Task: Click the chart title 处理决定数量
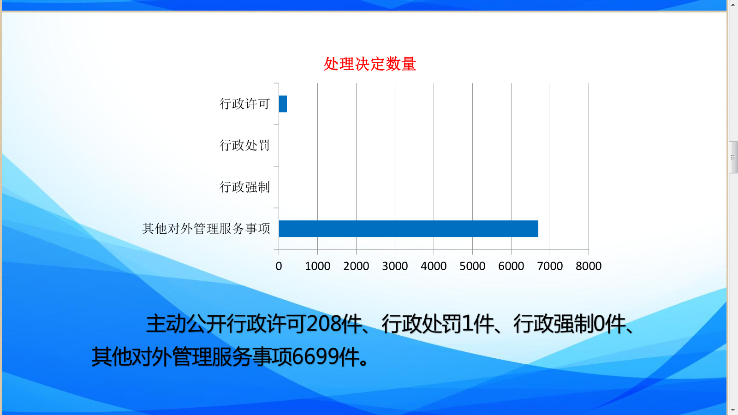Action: click(369, 64)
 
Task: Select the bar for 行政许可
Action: click(283, 104)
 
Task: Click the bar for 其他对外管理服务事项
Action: click(409, 229)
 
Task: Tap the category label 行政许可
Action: click(245, 104)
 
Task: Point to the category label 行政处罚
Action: click(245, 145)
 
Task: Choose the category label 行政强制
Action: click(245, 187)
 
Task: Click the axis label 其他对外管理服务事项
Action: click(206, 229)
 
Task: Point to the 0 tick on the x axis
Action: click(279, 266)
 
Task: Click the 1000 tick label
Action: click(318, 266)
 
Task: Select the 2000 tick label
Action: click(356, 266)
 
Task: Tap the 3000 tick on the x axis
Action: click(395, 266)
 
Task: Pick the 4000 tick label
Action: click(434, 266)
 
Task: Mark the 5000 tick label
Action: click(472, 266)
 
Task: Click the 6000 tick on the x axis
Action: click(511, 266)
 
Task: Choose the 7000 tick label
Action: click(550, 266)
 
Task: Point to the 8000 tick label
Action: click(589, 266)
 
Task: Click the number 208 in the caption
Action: click(324, 324)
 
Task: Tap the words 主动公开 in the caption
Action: click(186, 324)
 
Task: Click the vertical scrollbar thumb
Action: click(733, 157)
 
